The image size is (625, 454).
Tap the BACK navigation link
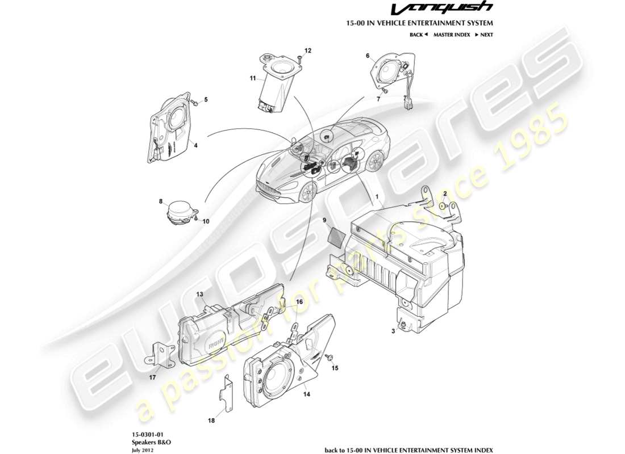(418, 35)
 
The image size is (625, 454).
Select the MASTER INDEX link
(451, 35)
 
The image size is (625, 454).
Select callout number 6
(368, 56)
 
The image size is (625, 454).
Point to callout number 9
(324, 220)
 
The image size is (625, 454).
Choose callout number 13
(200, 294)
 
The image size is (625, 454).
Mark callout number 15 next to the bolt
(335, 368)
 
